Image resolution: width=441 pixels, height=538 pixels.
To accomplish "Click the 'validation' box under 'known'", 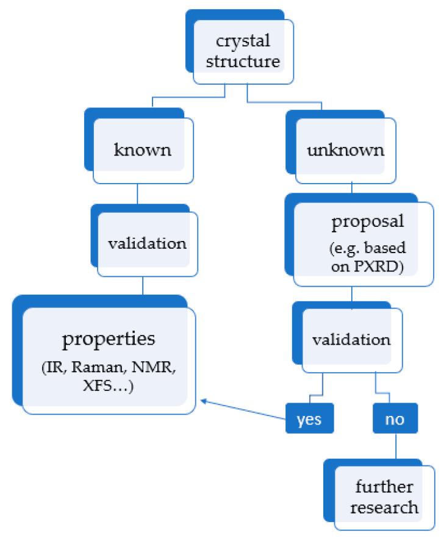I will click(146, 243).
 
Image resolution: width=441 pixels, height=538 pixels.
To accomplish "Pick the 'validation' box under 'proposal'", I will click(351, 339).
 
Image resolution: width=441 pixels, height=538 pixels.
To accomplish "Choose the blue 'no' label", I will click(395, 421).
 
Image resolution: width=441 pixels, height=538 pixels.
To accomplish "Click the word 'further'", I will click(384, 487).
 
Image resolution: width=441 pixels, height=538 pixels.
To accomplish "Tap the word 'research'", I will click(387, 506).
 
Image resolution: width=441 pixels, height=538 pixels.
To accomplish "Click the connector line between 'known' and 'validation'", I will click(137, 195).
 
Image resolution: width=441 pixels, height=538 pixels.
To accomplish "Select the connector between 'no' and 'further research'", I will click(395, 447).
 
